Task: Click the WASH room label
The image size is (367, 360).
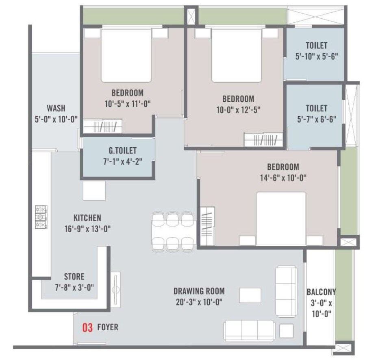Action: coord(56,109)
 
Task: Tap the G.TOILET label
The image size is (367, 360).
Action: coord(119,151)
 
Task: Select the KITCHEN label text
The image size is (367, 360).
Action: coord(87,218)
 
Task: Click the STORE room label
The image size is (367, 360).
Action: coord(74,277)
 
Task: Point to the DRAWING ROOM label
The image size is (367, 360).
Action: coord(199,291)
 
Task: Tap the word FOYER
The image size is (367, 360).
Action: coord(108,327)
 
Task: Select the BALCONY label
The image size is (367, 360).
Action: coord(321,292)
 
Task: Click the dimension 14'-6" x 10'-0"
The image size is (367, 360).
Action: coord(283,177)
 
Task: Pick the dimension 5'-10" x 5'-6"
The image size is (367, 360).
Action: coord(317,57)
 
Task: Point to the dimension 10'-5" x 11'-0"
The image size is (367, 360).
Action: coord(127,104)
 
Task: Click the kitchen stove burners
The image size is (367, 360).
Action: coord(41,217)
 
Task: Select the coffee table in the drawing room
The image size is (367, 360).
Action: coord(250,295)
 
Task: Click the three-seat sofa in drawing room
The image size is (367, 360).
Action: coord(249,329)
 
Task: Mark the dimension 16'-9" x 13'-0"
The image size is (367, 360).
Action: coord(87,229)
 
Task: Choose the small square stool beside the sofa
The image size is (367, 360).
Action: coord(287,330)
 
